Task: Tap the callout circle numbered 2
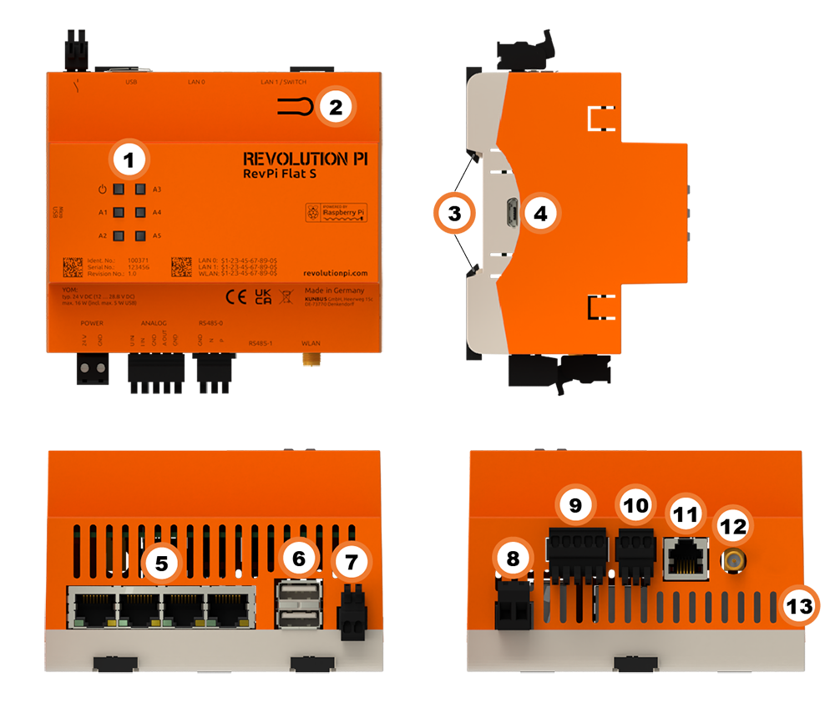[x=336, y=107]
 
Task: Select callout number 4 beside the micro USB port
[x=540, y=214]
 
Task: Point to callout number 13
[x=800, y=606]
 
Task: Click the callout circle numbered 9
[x=575, y=504]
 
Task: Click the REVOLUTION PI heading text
[x=305, y=159]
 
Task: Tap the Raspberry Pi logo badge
[x=333, y=213]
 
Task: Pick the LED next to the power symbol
[x=119, y=190]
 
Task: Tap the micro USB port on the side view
[x=507, y=214]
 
